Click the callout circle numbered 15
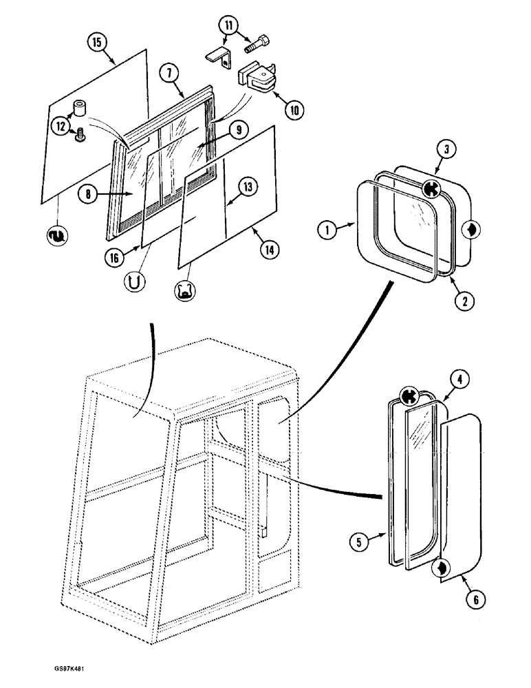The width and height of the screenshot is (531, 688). pyautogui.click(x=97, y=43)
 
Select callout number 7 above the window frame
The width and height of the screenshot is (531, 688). pyautogui.click(x=168, y=72)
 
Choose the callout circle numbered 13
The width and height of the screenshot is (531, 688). pyautogui.click(x=247, y=186)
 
